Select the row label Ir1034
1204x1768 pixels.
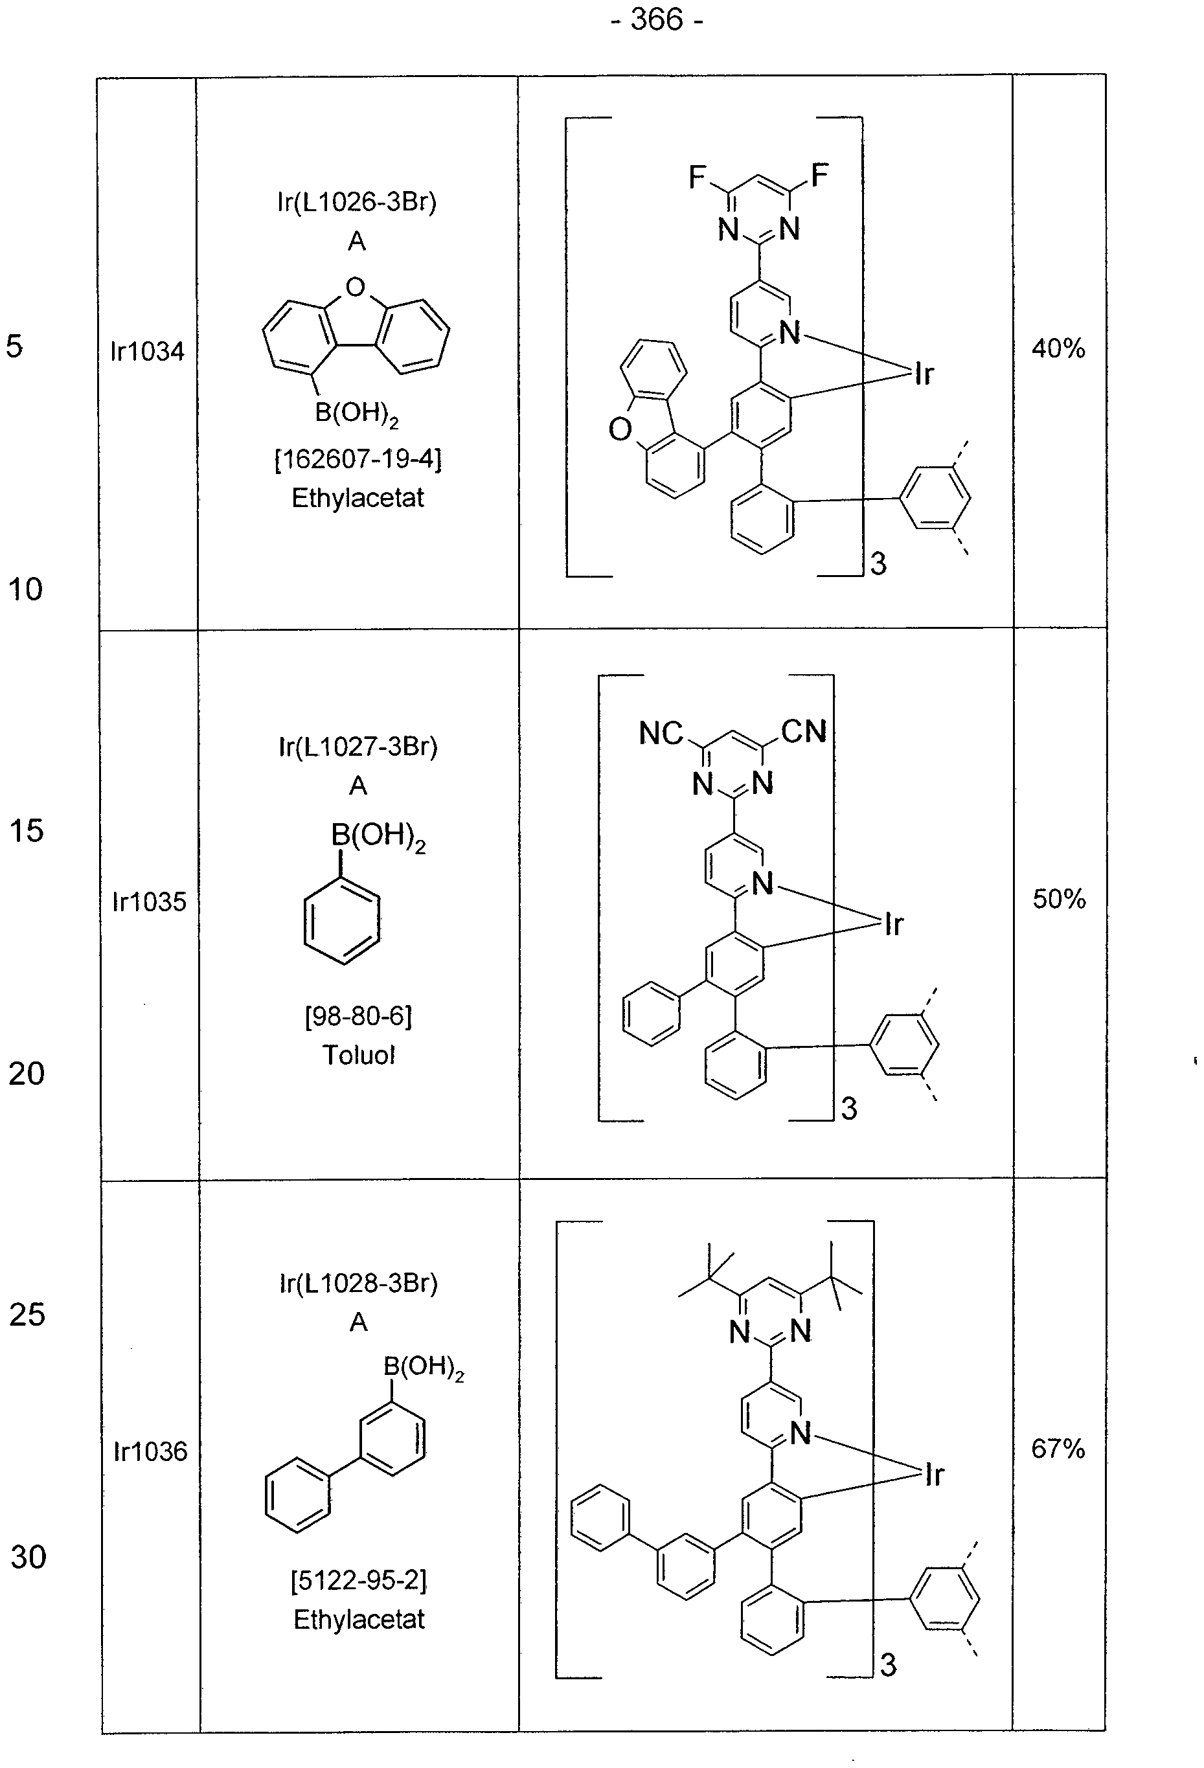click(148, 352)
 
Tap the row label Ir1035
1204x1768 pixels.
click(149, 901)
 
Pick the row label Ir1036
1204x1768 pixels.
click(150, 1451)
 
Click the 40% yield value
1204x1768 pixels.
click(1058, 348)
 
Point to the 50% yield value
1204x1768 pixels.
click(1059, 899)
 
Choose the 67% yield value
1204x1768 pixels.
click(1058, 1449)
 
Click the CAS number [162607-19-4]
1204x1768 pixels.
click(358, 460)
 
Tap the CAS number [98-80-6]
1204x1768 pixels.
click(358, 1016)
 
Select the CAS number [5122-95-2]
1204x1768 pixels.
click(359, 1581)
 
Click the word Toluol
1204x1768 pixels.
click(358, 1055)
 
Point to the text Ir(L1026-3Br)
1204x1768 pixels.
click(357, 201)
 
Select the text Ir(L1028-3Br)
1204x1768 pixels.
click(358, 1284)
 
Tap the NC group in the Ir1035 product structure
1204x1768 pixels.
click(660, 733)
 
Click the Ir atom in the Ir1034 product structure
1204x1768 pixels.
click(924, 374)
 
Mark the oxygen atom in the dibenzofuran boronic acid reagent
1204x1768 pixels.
click(355, 288)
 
